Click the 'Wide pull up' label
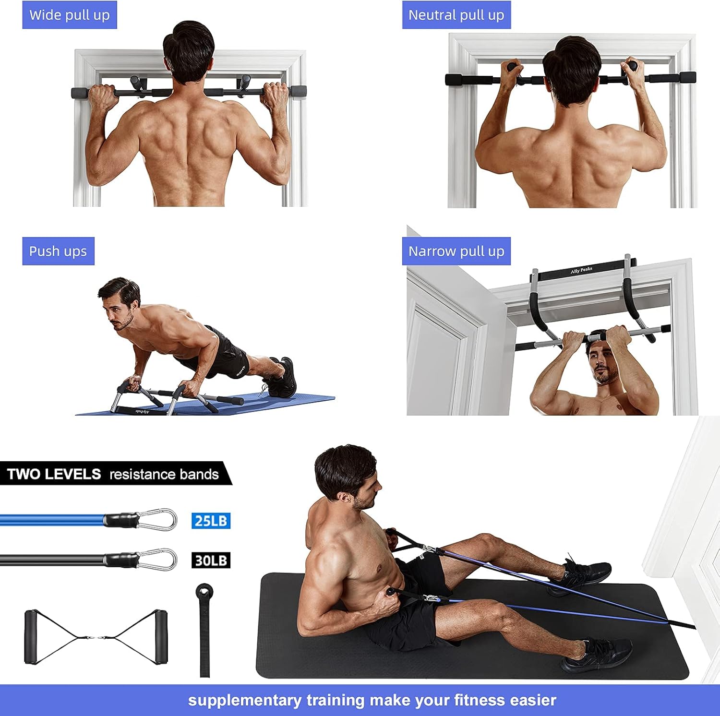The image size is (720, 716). [x=70, y=15]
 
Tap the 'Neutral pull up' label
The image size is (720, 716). [x=456, y=15]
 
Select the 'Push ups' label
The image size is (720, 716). [x=58, y=251]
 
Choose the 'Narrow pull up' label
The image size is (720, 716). [x=456, y=251]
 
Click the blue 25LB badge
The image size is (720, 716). [x=211, y=521]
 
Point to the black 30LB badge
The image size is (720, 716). [x=211, y=560]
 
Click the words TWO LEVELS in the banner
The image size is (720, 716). [x=54, y=474]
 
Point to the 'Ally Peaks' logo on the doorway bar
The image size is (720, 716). [x=581, y=271]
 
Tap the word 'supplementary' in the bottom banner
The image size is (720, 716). [x=244, y=700]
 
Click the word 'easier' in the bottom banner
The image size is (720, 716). [x=533, y=700]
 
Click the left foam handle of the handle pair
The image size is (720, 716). [x=31, y=637]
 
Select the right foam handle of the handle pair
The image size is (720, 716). [x=161, y=637]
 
